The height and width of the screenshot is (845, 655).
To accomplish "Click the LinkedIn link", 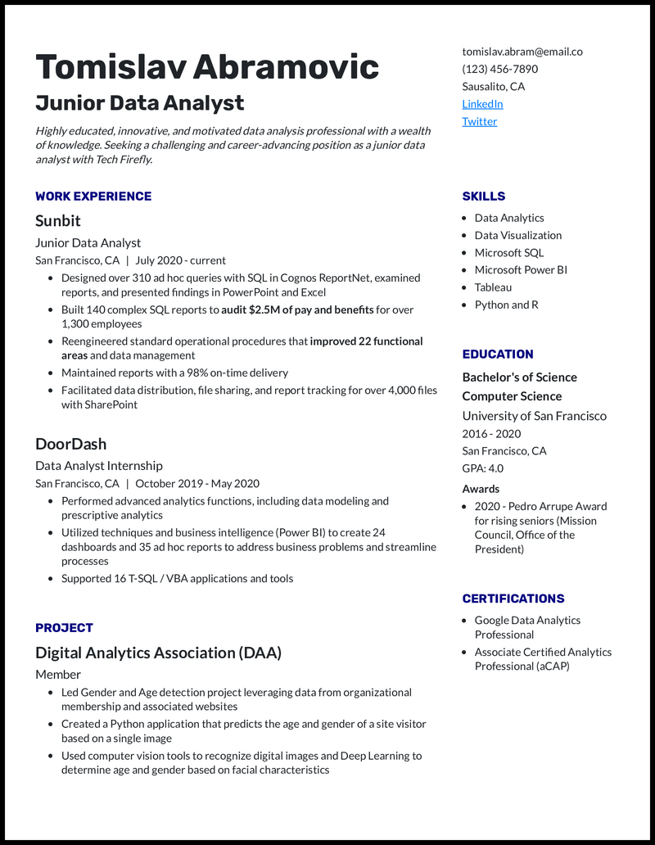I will (x=482, y=104).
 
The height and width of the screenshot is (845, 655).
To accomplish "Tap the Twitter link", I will (x=479, y=121).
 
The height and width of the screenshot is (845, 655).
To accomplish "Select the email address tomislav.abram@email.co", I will (x=522, y=51).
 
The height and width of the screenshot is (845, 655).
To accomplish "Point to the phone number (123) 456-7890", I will (x=499, y=69).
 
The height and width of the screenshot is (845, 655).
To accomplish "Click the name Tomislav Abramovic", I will (x=207, y=66).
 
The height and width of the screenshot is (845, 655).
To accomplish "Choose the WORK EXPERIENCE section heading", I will (x=93, y=197).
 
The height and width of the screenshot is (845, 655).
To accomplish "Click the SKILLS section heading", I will (x=483, y=197).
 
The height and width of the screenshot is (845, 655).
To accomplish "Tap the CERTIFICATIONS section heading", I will (x=513, y=599).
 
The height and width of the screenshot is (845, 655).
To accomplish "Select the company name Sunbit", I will (x=58, y=221).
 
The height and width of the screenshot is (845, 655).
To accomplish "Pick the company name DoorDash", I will (x=70, y=444).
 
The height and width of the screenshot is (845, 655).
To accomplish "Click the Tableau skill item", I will (x=493, y=287).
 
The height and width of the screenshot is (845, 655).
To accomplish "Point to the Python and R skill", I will (x=506, y=305).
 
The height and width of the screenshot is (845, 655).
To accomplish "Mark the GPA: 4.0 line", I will (x=482, y=468).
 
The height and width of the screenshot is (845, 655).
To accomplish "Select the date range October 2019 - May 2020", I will (x=196, y=483).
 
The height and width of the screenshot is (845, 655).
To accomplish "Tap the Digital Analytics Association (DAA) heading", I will (x=158, y=653).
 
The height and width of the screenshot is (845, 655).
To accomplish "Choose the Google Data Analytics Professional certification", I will (x=527, y=627).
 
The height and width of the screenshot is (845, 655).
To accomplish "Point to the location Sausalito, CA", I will (x=493, y=86).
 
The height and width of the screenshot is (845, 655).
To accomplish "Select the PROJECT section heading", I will (x=64, y=628).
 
